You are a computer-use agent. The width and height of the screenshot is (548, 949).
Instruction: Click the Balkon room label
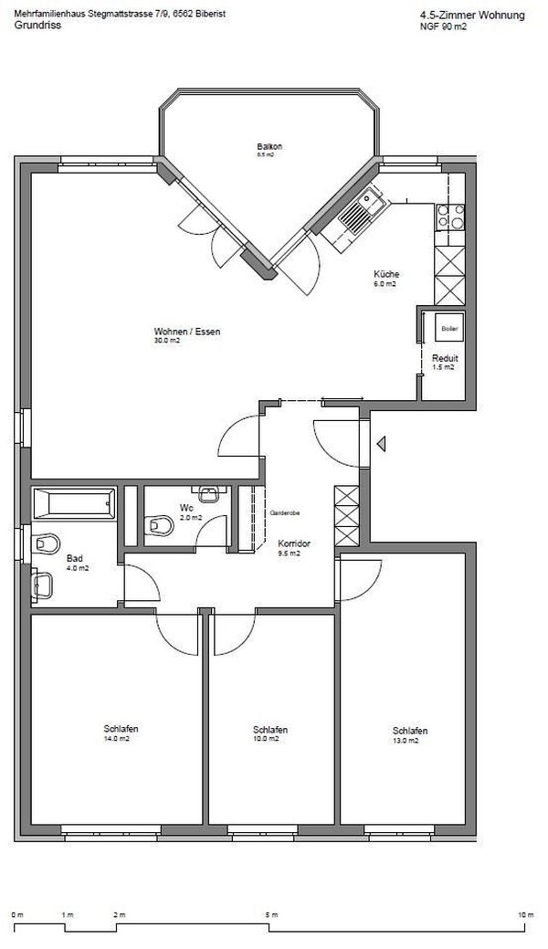point(269,147)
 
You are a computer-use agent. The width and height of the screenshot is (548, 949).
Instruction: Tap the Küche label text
point(385,275)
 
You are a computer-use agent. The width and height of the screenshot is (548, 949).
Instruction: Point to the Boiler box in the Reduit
point(448,327)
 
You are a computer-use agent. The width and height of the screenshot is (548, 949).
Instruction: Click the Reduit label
point(445,358)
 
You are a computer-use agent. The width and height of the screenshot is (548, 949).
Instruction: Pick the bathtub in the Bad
point(74,501)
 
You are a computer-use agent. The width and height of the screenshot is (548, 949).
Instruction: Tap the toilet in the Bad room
point(43,543)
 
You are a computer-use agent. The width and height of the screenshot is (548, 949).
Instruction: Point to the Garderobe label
point(281,514)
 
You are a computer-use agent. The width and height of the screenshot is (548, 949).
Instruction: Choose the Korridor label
point(294,543)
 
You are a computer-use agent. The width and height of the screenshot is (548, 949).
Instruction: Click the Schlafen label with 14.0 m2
point(121,728)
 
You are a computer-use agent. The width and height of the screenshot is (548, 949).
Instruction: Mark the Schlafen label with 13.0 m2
point(410,731)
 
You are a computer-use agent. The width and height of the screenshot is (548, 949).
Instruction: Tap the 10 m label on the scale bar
point(523,914)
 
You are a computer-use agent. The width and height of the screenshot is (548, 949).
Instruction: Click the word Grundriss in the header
point(33,26)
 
